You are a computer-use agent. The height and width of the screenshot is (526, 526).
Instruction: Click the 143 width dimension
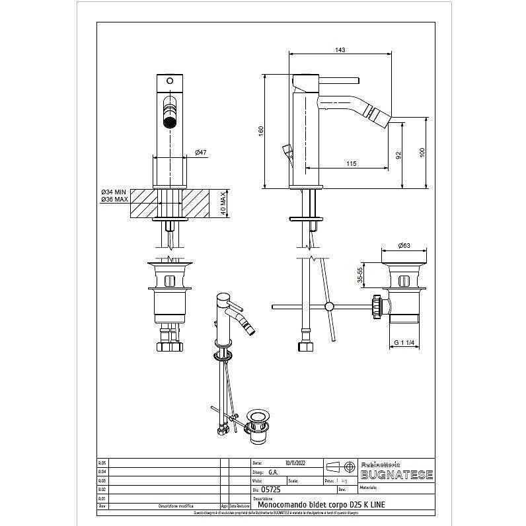point(341,50)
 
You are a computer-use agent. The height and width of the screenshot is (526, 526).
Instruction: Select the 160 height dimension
point(261,132)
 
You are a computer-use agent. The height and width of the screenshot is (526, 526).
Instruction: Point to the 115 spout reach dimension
point(351,163)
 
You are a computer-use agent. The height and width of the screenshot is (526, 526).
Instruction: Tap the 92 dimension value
point(398,155)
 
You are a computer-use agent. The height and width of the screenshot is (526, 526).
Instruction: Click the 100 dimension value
point(422,152)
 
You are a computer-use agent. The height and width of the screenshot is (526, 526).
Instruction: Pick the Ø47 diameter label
point(201,153)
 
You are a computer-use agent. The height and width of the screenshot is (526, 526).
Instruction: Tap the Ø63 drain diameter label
point(404,246)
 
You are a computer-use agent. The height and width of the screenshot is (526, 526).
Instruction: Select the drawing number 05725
point(272,490)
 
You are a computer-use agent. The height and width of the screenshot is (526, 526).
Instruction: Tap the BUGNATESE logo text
point(396,475)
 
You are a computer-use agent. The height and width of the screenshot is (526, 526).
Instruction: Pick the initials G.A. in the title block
point(273,472)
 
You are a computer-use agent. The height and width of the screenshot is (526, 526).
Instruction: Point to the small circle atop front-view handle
point(170,81)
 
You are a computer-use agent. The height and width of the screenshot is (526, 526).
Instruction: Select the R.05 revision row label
point(102,463)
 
